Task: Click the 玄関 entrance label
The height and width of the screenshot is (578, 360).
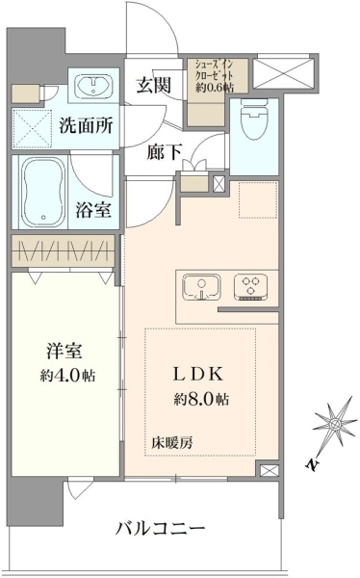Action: pyautogui.click(x=154, y=86)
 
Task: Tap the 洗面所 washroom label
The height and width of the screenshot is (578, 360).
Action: pyautogui.click(x=87, y=125)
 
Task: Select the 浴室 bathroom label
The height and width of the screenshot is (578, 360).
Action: pyautogui.click(x=93, y=210)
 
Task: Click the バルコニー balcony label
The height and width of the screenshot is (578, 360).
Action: pyautogui.click(x=161, y=529)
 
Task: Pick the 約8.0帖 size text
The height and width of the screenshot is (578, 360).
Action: pyautogui.click(x=201, y=399)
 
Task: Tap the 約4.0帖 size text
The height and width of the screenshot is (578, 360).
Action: pyautogui.click(x=67, y=376)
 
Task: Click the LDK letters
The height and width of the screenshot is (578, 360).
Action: pyautogui.click(x=198, y=374)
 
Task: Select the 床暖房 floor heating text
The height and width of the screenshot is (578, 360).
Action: pyautogui.click(x=172, y=443)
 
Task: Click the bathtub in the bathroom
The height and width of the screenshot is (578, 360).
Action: pyautogui.click(x=43, y=192)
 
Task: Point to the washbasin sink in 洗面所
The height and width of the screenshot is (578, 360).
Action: pyautogui.click(x=94, y=87)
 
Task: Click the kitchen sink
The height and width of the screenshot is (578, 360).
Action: pyautogui.click(x=201, y=288)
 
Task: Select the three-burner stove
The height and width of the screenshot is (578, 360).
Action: pyautogui.click(x=250, y=287)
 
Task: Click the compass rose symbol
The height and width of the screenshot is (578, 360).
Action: pyautogui.click(x=335, y=424)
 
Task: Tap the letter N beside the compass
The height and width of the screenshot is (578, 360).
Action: pyautogui.click(x=312, y=464)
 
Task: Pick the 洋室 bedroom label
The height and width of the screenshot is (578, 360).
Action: pyautogui.click(x=64, y=351)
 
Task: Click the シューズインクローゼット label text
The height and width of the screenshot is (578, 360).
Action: pyautogui.click(x=214, y=69)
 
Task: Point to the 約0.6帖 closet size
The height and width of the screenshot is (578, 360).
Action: pyautogui.click(x=215, y=87)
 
